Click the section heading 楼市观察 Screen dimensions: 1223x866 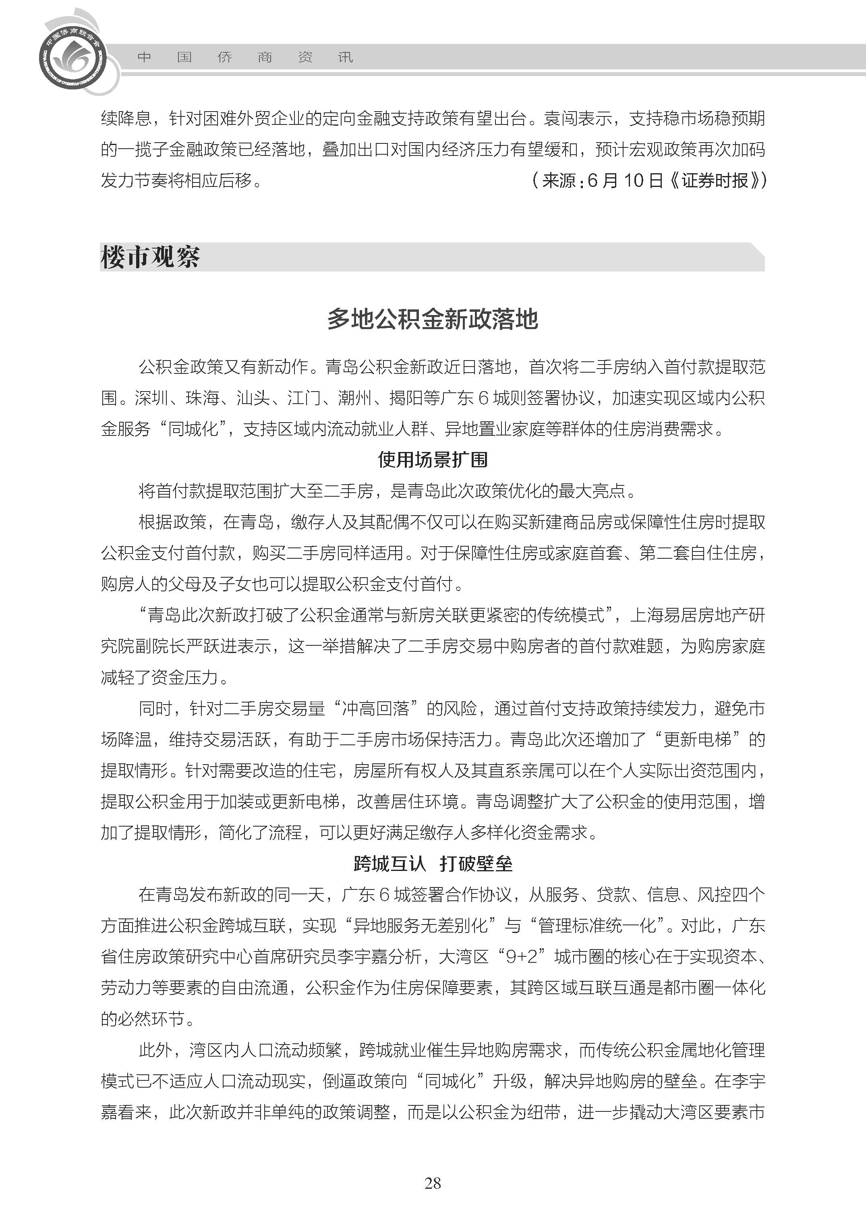click(x=150, y=257)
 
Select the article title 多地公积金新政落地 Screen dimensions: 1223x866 click(x=433, y=319)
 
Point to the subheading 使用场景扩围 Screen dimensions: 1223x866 click(x=433, y=459)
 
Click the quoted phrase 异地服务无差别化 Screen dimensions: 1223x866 click(x=420, y=925)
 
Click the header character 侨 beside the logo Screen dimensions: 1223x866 click(x=224, y=57)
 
